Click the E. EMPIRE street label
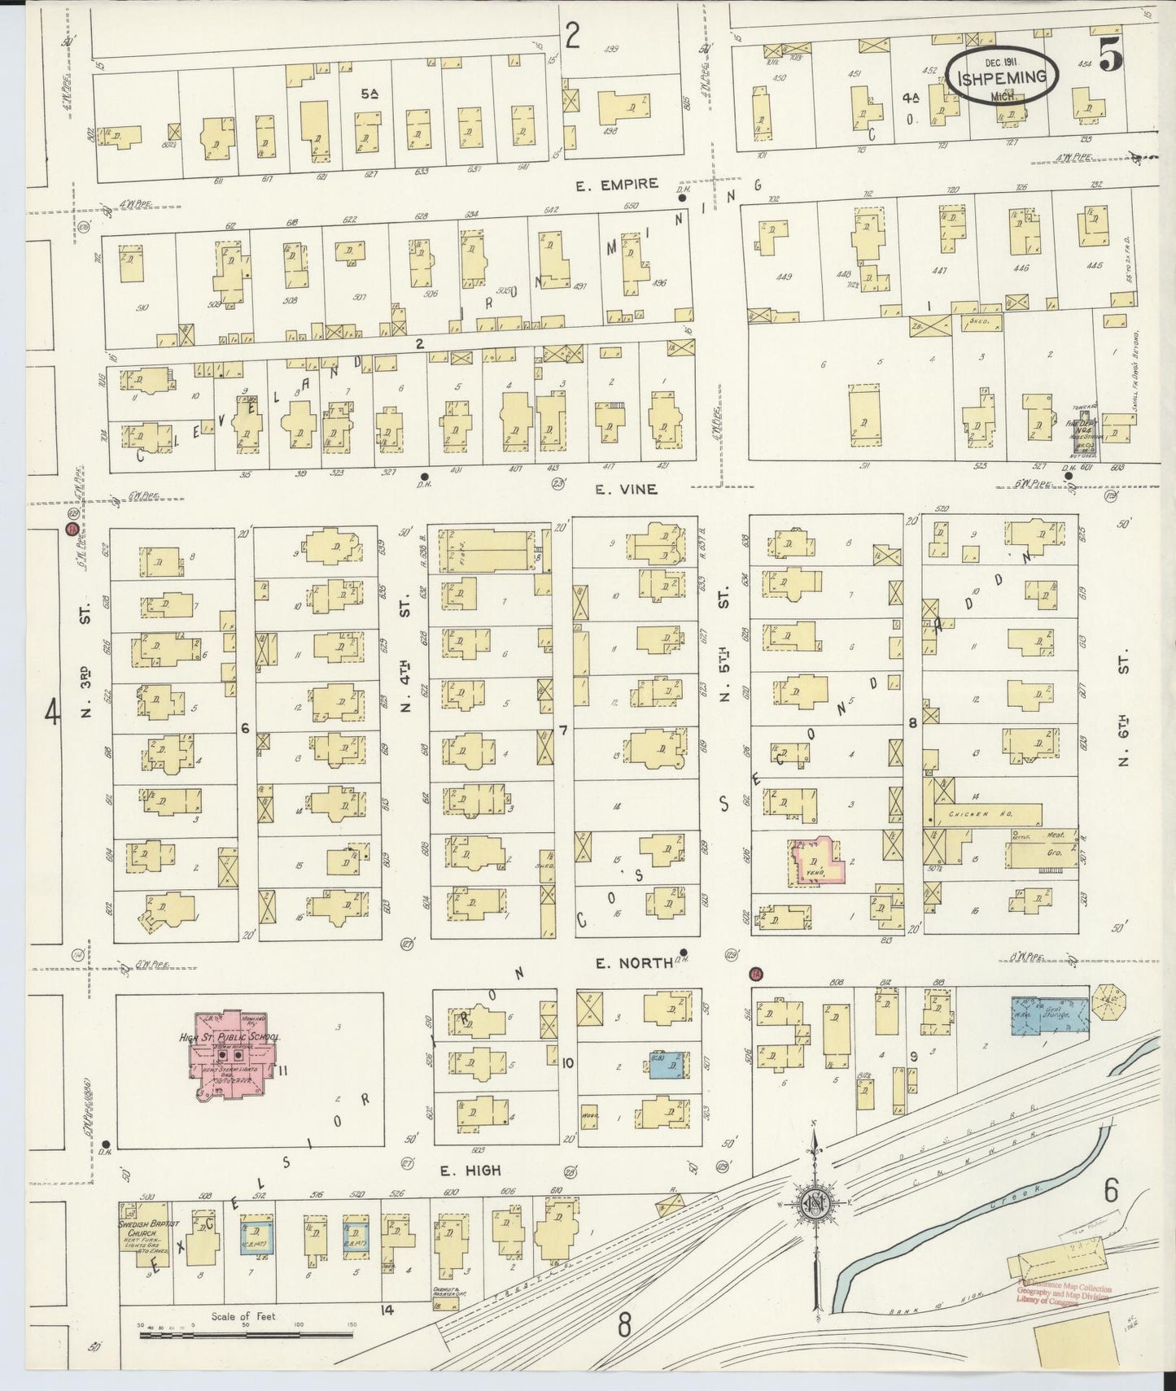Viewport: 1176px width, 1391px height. point(616,185)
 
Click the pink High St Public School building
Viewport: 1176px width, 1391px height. point(234,1055)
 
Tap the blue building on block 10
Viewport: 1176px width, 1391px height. point(666,1064)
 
